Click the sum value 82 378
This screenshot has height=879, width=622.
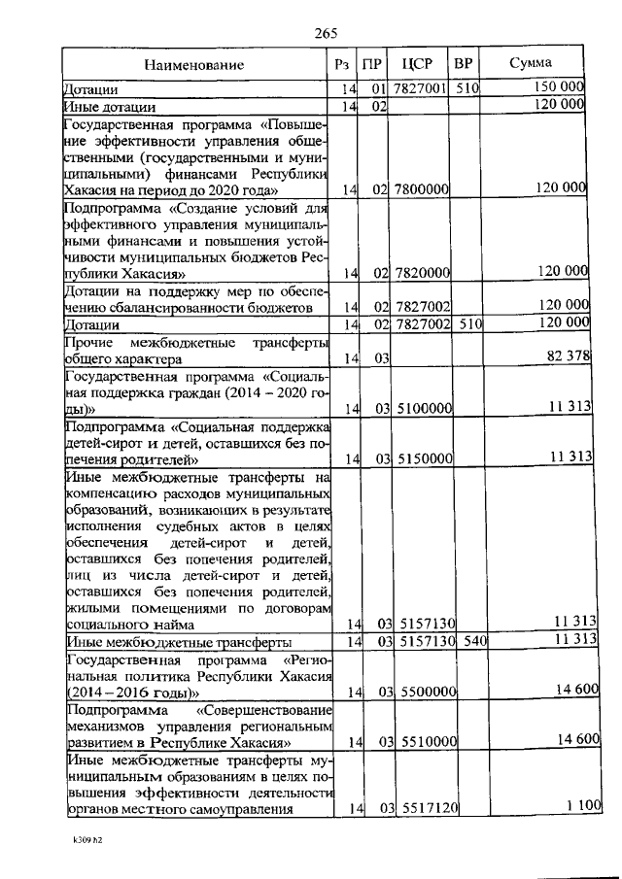(569, 356)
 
